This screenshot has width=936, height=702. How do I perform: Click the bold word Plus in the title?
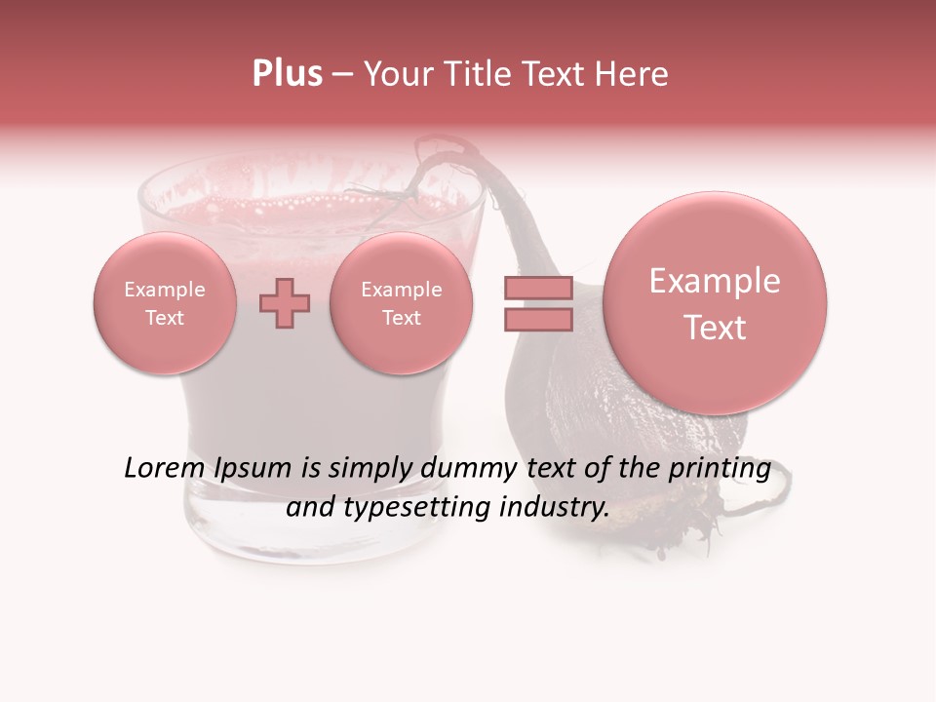coord(287,74)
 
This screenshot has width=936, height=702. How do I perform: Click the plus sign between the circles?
coord(285,303)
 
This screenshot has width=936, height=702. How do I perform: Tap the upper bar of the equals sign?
coord(537,288)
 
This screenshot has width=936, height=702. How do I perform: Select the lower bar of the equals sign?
coord(537,319)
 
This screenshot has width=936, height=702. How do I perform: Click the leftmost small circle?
coord(165,303)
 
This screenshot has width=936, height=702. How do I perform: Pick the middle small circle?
coord(402,303)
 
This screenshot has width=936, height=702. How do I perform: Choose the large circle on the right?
coord(715,303)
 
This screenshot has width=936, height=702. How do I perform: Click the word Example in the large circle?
coord(715,281)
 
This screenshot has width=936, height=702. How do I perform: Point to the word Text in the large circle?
coord(715,328)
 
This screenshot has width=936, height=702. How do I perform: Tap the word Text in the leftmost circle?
coord(165,318)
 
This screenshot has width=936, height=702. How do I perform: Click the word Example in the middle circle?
coord(402,290)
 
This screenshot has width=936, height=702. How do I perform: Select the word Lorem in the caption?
coord(162,468)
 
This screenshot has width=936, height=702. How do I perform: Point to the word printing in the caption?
coord(720,469)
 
